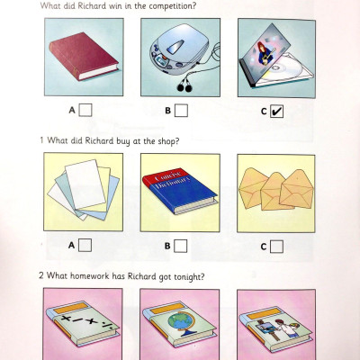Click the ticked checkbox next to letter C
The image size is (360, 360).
coord(278,111)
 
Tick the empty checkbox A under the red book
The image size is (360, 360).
coord(85,111)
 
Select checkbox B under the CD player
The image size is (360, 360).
coord(182,111)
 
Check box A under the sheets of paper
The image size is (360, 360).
coord(85,244)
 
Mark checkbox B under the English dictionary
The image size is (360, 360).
coord(182,244)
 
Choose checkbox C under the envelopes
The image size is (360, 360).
coord(278,244)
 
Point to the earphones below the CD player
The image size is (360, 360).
coord(186,85)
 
